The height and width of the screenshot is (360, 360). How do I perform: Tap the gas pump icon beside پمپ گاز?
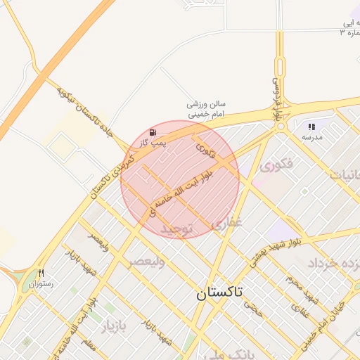[x=153, y=132]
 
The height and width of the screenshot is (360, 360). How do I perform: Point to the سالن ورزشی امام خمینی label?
[x=206, y=108]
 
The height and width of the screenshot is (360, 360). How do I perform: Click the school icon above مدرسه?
[x=311, y=127]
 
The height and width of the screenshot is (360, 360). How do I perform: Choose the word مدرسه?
[x=311, y=137]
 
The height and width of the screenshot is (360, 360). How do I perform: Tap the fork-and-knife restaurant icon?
[x=41, y=274]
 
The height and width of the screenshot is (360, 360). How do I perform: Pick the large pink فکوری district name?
[x=276, y=167]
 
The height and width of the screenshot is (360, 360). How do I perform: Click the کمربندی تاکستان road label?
[x=109, y=175]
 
